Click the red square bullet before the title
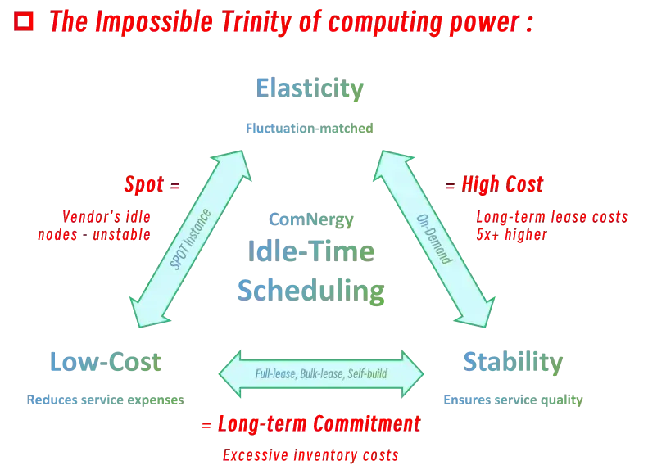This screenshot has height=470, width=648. click(x=25, y=22)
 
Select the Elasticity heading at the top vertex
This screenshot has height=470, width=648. click(x=310, y=88)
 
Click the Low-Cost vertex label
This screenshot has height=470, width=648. click(x=104, y=361)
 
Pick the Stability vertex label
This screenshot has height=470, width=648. click(x=512, y=361)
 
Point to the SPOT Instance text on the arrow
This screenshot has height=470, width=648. click(x=190, y=240)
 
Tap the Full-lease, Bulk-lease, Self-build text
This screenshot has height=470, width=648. click(x=321, y=374)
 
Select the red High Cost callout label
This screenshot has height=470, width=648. click(x=496, y=185)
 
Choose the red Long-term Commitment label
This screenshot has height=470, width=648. click(x=311, y=425)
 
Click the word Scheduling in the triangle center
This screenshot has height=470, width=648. click(x=311, y=290)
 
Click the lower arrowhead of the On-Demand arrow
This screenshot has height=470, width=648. click(x=481, y=316)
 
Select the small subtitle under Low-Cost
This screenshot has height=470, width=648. click(x=104, y=400)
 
